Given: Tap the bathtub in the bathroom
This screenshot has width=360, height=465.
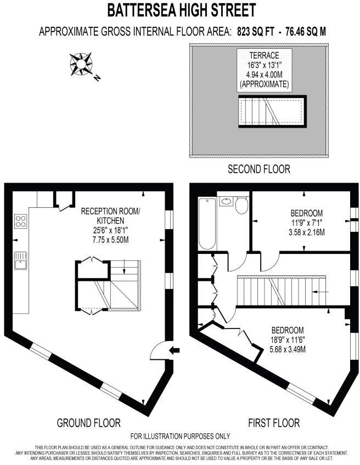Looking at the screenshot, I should click(207, 222).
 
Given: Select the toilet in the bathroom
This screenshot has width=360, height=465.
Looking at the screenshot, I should click(242, 205).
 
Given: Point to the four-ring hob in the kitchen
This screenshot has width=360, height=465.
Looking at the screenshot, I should click(21, 222).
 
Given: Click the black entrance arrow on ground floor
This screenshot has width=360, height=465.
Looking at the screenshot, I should click(174, 350).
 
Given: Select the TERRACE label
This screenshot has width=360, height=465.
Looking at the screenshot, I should click(265, 55).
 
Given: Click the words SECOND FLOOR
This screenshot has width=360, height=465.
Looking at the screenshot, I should click(259, 169).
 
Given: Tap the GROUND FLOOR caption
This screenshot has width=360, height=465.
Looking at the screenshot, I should click(88, 423).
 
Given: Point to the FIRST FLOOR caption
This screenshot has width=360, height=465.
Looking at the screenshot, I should click(274, 423).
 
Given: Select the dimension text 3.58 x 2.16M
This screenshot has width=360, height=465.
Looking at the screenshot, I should click(306, 232).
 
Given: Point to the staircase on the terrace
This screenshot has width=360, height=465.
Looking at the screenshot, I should click(271, 112).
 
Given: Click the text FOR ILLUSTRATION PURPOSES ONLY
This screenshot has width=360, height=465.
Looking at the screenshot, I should click(181, 436).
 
